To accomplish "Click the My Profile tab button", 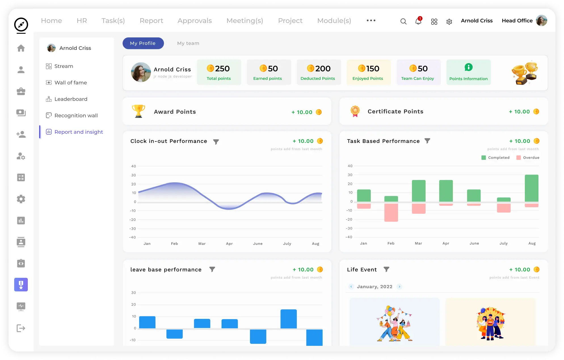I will coord(143,43).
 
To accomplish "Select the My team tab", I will coord(188,43).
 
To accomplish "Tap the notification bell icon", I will coord(418,21).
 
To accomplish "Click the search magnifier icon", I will coord(403,21).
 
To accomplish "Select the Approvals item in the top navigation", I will coord(195,21).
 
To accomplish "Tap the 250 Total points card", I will coord(219,72).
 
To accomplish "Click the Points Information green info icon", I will coord(468,67).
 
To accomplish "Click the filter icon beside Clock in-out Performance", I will coord(216,142).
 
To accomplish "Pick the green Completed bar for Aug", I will coord(531,188).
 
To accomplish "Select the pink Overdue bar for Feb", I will coord(391,212).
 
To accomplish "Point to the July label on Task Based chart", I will coord(503,243).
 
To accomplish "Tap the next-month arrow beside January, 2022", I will coord(399,287).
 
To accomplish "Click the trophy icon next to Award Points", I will coord(138,111).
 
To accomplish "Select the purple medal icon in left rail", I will coord(21,285).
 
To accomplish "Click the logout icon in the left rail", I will coord(21,328).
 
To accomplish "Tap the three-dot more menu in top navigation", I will coord(371,20).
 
